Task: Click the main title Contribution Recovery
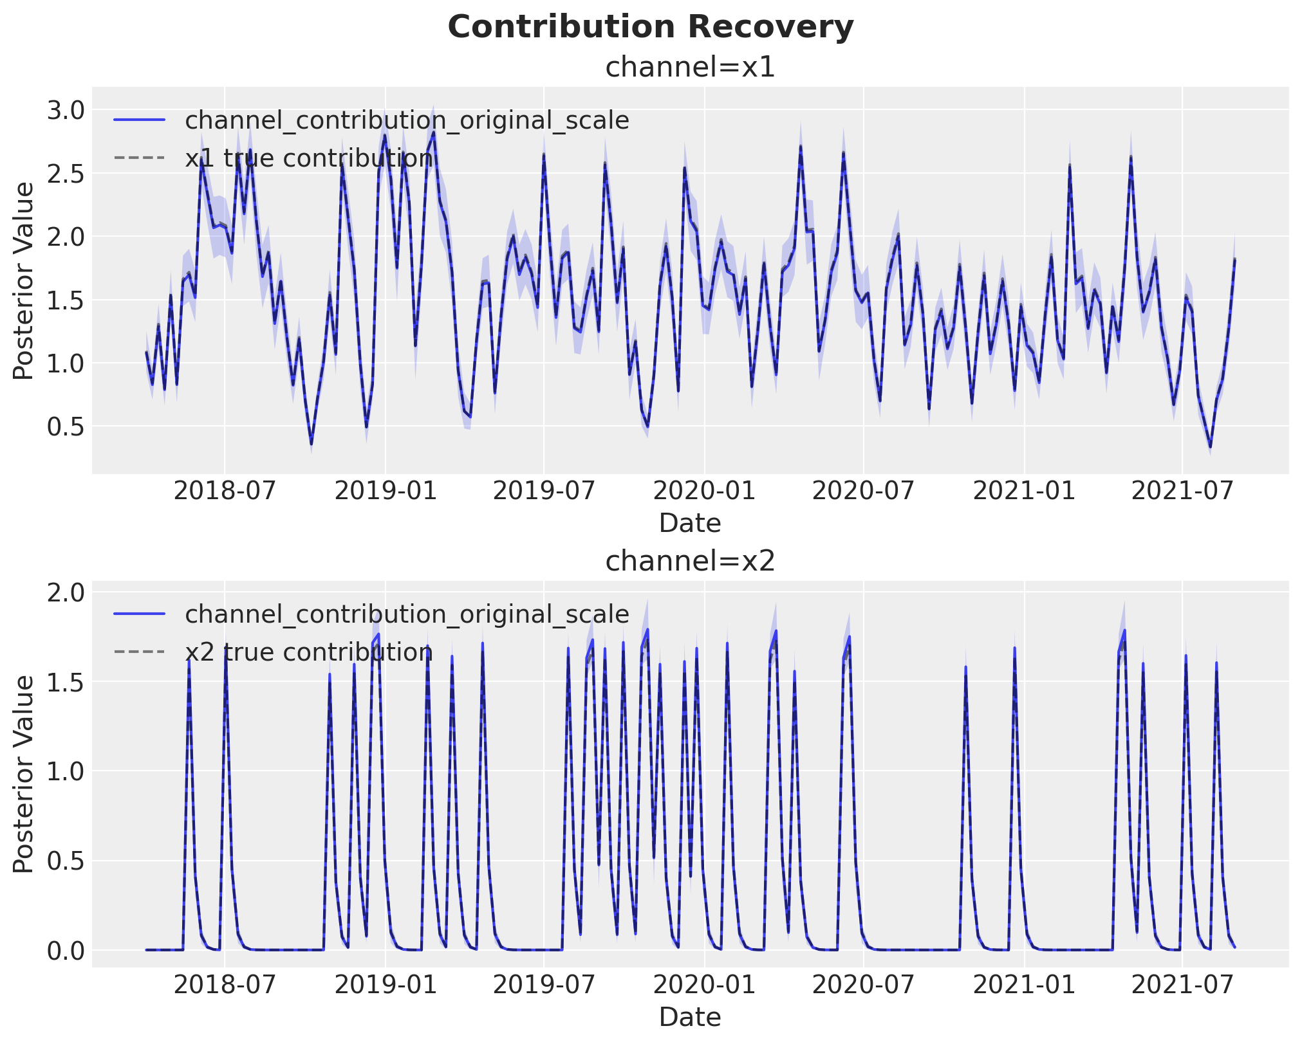click(x=651, y=27)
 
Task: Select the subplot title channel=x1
click(x=690, y=67)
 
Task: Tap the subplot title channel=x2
click(x=690, y=561)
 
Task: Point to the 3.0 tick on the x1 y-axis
click(x=66, y=110)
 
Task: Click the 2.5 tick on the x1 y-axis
click(x=66, y=174)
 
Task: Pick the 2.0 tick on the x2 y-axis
click(x=66, y=592)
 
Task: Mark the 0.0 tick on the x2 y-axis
click(x=66, y=951)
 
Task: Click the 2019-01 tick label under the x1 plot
click(x=386, y=491)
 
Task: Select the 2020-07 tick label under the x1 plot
click(x=863, y=491)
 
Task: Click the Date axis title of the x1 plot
click(x=690, y=524)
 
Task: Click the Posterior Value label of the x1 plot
click(x=24, y=281)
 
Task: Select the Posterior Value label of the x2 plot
click(x=24, y=774)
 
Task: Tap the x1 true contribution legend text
click(x=309, y=158)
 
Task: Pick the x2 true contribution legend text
click(x=309, y=652)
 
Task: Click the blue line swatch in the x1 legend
click(x=140, y=120)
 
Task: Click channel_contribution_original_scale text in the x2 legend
click(x=407, y=615)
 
